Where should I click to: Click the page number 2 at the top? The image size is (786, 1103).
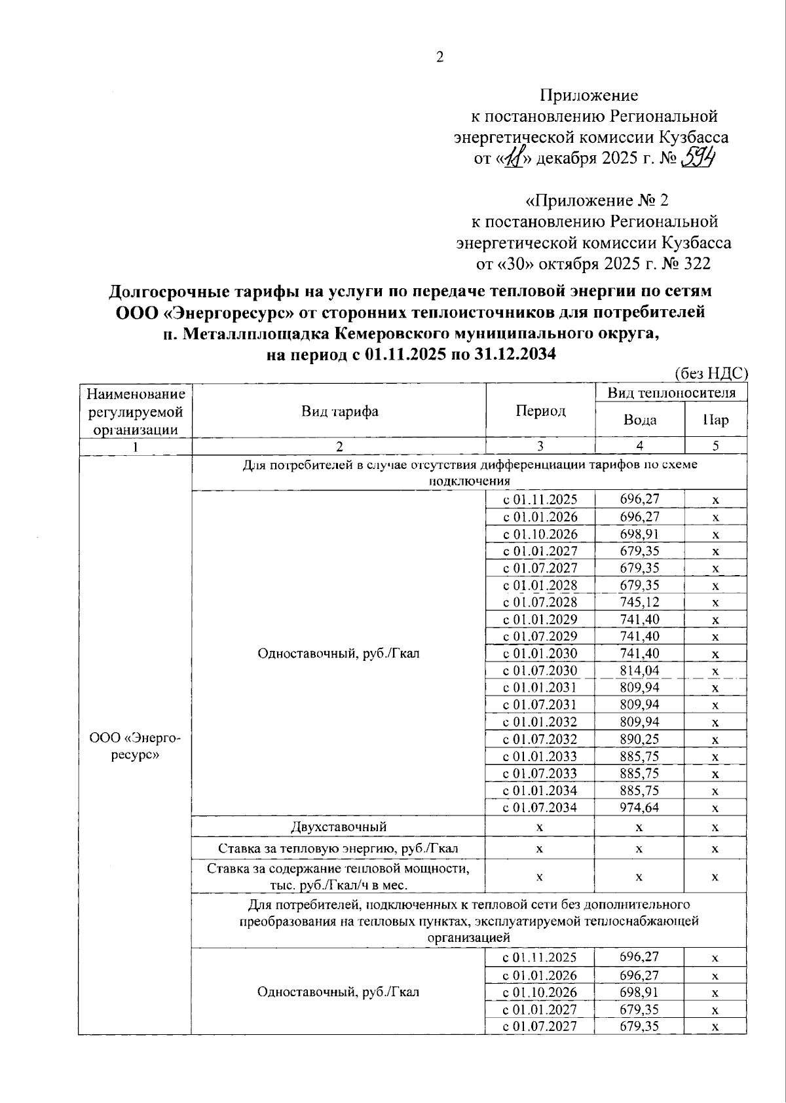[440, 57]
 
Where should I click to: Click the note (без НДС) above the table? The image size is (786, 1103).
[711, 373]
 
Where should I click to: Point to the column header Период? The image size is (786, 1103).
[540, 411]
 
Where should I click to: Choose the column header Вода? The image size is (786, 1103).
[639, 420]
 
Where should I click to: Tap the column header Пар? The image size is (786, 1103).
[715, 420]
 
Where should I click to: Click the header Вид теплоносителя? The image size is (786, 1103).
[671, 392]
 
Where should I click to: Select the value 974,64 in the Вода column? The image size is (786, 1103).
[639, 807]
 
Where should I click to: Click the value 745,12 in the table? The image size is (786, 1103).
[639, 601]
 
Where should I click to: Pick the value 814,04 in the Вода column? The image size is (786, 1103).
[639, 670]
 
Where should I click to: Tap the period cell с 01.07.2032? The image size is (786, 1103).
[540, 739]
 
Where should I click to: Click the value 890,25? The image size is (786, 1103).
[639, 739]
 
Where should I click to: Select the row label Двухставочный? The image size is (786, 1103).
[339, 827]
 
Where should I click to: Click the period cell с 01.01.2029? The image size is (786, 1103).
[540, 619]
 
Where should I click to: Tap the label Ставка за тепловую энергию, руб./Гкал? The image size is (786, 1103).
[338, 848]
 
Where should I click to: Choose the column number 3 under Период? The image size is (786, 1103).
[540, 446]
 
